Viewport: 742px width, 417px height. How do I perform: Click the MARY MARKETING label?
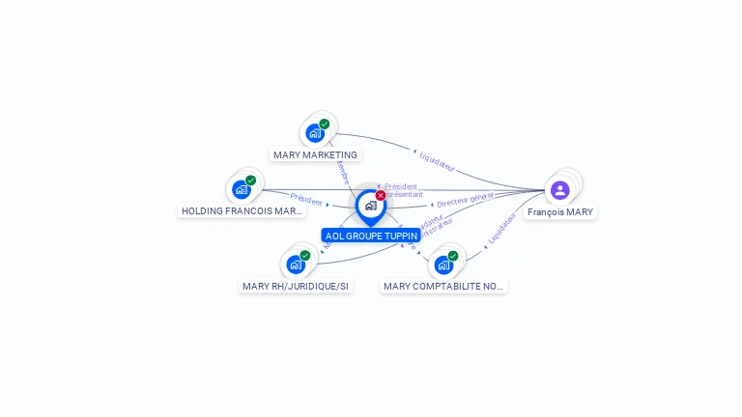click(x=315, y=154)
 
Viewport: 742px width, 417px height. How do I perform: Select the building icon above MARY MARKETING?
click(x=314, y=133)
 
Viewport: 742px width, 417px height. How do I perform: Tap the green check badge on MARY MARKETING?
click(x=325, y=124)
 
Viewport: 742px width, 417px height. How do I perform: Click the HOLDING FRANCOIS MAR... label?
click(x=243, y=210)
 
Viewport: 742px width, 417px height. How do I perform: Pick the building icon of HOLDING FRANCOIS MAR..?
click(x=241, y=189)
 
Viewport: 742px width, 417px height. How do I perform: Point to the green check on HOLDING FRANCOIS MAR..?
click(x=251, y=180)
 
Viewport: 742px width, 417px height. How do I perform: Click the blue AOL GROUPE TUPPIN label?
click(x=371, y=236)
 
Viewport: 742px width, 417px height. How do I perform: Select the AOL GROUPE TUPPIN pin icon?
click(x=370, y=206)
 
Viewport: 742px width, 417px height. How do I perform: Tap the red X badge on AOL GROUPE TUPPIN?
click(x=381, y=195)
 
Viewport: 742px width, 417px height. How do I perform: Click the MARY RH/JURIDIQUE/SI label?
click(x=296, y=286)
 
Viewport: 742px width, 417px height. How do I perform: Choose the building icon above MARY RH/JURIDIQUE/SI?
click(x=295, y=264)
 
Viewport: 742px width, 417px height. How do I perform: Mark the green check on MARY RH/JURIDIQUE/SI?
click(x=305, y=255)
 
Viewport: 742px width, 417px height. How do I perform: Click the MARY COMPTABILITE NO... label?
click(x=443, y=286)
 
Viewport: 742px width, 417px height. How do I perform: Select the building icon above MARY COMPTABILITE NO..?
click(x=442, y=264)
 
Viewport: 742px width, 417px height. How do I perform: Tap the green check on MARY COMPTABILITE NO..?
click(x=453, y=256)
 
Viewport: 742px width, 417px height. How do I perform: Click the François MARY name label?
click(x=560, y=211)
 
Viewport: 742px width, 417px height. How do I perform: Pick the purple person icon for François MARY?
click(x=559, y=189)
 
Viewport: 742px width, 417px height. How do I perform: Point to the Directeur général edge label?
click(x=465, y=200)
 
